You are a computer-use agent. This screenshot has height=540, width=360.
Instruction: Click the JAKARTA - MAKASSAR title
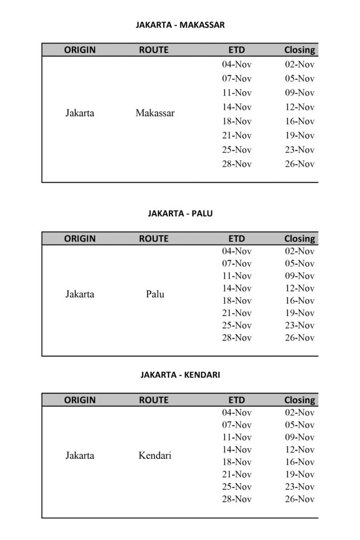180,25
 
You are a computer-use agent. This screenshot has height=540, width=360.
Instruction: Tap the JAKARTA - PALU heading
180,214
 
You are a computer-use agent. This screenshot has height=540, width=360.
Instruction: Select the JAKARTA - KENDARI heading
180,375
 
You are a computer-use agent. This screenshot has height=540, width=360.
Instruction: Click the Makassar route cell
155,113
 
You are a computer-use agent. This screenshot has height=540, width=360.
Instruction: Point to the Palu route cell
155,294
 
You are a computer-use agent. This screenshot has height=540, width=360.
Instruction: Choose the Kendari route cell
155,456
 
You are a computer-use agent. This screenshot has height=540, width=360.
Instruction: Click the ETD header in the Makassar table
237,50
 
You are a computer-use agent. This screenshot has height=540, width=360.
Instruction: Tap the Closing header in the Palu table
299,239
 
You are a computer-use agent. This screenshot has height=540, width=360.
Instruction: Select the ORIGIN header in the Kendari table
80,400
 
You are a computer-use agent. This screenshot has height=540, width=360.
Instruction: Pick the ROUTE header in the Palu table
154,239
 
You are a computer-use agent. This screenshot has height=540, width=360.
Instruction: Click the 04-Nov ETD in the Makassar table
237,64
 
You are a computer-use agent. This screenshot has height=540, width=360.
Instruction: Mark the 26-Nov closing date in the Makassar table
299,164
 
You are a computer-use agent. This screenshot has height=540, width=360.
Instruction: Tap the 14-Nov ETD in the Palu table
237,288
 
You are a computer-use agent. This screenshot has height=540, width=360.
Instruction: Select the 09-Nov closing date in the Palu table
299,276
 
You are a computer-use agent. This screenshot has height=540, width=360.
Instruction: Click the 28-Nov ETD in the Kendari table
237,499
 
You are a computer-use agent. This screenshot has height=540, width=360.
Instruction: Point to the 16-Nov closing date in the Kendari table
299,462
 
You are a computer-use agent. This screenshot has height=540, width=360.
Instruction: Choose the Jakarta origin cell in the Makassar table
80,113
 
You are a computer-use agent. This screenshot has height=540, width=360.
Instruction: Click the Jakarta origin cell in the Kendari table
80,456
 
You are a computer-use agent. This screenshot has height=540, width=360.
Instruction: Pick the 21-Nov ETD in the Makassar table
237,136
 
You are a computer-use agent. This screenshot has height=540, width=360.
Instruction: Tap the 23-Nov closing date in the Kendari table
299,487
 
